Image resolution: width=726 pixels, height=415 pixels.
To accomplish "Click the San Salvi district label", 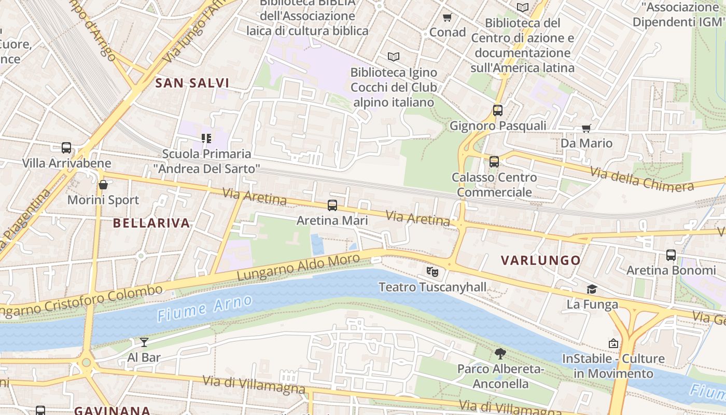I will tap(192, 83).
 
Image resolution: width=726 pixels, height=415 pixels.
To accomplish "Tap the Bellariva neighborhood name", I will tap(151, 223).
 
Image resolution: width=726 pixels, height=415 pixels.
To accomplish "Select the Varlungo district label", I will tap(540, 260).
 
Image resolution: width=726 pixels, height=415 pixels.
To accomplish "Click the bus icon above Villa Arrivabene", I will tap(66, 148).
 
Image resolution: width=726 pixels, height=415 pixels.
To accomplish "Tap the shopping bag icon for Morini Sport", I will tap(103, 185).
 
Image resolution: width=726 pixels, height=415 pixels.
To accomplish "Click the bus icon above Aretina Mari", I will tap(332, 205).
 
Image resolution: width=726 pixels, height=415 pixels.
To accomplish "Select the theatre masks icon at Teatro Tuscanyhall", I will tap(432, 271).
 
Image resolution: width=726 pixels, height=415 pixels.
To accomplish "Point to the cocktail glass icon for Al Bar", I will tap(144, 342).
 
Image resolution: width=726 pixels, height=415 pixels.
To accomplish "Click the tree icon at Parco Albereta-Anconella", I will tap(500, 354).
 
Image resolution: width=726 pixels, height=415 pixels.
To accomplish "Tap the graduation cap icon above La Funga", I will tap(592, 289).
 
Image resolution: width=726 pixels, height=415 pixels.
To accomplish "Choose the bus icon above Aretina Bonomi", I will tap(671, 255).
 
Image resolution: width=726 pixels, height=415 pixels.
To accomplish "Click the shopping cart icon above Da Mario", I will tap(587, 128).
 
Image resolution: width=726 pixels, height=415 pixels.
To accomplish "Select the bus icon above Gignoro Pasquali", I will tap(498, 110).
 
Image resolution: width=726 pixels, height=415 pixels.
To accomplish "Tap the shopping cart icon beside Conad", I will tap(448, 17).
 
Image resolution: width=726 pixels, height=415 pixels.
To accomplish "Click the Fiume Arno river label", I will tap(204, 308).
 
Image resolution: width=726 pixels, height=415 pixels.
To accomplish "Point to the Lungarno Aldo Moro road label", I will tap(298, 267).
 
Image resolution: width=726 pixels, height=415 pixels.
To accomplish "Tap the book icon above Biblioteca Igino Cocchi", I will tap(394, 57).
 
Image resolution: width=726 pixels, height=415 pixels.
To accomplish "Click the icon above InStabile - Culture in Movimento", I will tap(613, 343).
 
